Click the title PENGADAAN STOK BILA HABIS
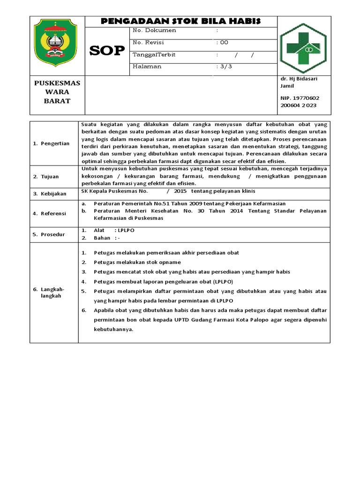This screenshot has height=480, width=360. (181, 21)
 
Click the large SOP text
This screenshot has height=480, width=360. (107, 51)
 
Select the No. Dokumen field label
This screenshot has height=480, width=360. (154, 30)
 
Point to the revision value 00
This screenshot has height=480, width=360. (223, 42)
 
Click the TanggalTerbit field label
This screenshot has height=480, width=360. (154, 54)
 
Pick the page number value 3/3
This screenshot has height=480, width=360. (225, 67)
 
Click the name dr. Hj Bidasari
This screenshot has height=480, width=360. (299, 79)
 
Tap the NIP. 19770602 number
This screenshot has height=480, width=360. (300, 98)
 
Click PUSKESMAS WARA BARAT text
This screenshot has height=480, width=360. (57, 92)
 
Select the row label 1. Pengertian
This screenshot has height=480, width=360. (51, 143)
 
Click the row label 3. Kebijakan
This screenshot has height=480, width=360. (50, 194)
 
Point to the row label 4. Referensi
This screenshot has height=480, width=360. (50, 213)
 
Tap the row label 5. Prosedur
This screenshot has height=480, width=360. (49, 234)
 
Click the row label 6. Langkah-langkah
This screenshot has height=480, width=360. (48, 292)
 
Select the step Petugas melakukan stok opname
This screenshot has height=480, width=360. (137, 262)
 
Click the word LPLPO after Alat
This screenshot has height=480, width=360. (126, 231)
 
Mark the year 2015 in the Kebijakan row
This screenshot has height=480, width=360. (180, 191)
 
